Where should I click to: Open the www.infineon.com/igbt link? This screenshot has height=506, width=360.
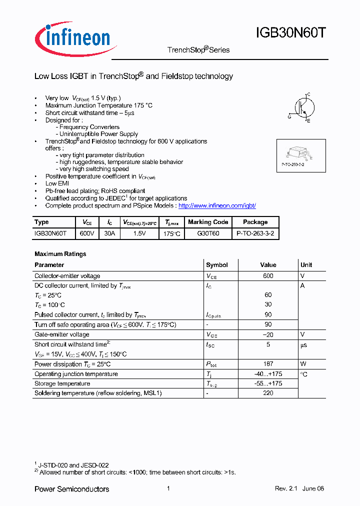coord(217,205)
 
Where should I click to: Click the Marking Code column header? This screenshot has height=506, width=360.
coord(208,222)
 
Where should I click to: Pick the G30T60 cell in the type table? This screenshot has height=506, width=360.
coord(208,233)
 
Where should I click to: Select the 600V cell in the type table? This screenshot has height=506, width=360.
coord(86,233)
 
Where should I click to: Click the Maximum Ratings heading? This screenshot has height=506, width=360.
coord(60,254)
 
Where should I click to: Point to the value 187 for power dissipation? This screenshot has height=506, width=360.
coord(268,364)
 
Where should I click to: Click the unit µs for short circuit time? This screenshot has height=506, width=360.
coord(303,345)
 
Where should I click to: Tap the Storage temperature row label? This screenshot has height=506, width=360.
coord(62,383)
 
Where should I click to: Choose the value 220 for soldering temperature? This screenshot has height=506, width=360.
coord(268,393)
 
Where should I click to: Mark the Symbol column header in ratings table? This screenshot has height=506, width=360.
coord(216,265)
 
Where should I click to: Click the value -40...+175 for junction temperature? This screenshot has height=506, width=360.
coord(268,374)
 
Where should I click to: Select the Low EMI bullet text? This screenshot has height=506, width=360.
coord(57,183)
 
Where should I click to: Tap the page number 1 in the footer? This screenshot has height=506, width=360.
coord(168,488)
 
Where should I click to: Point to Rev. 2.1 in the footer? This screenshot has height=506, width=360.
coord(286,488)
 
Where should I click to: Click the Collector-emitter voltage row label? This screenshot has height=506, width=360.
coord(67,276)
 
